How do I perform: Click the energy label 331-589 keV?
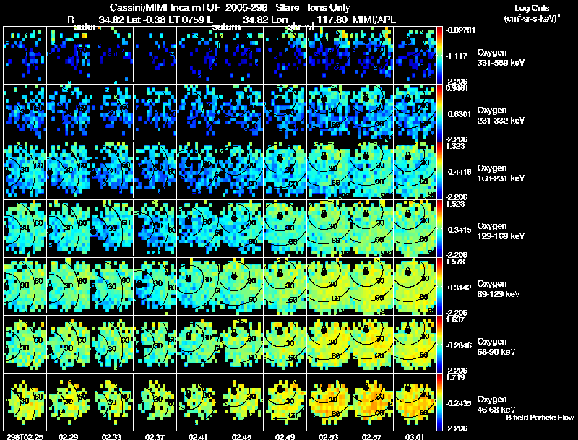pyautogui.click(x=501, y=64)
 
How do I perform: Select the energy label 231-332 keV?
pyautogui.click(x=501, y=121)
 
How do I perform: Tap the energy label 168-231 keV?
pyautogui.click(x=501, y=178)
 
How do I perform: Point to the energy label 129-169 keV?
pyautogui.click(x=501, y=236)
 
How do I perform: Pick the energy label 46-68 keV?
pyautogui.click(x=497, y=410)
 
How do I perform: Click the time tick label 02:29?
pyautogui.click(x=69, y=436)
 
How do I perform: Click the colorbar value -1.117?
pyautogui.click(x=459, y=55)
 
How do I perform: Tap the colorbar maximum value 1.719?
pyautogui.click(x=457, y=377)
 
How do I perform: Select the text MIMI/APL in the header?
pyautogui.click(x=388, y=19)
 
